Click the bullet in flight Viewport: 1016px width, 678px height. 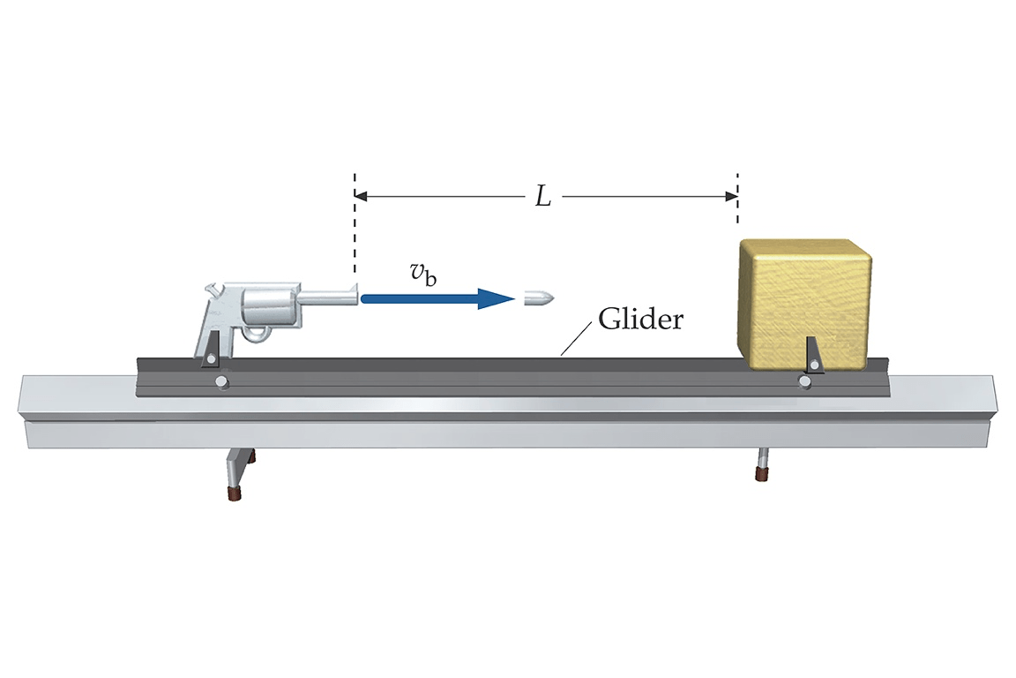click(536, 298)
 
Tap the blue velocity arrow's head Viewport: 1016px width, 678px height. click(497, 298)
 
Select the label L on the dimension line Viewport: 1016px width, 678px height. click(543, 197)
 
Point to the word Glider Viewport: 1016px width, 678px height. click(640, 319)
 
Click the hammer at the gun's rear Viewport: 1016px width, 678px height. click(213, 290)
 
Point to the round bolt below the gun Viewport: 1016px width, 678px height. click(221, 382)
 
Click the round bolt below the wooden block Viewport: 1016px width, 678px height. click(804, 381)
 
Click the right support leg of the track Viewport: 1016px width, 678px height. click(761, 464)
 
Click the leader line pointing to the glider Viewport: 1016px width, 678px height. click(578, 338)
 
